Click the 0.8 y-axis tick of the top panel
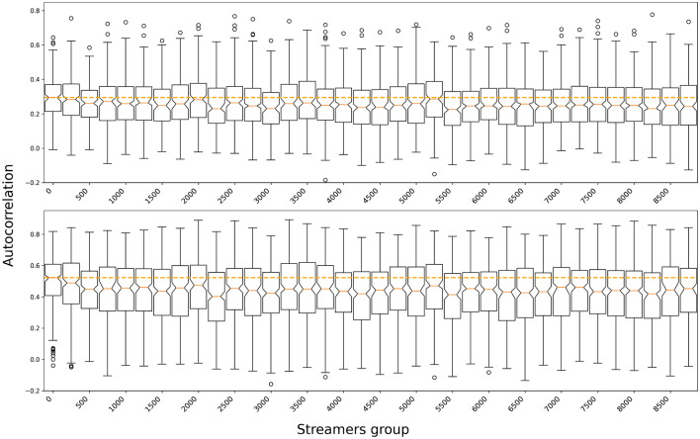pos(34,11)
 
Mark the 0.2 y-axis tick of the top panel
pos(34,114)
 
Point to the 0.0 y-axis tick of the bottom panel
pos(34,346)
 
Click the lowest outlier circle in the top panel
pos(324,180)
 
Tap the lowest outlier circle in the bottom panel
pos(271,384)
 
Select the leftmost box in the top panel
pos(52,97)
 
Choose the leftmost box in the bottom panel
pos(52,280)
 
